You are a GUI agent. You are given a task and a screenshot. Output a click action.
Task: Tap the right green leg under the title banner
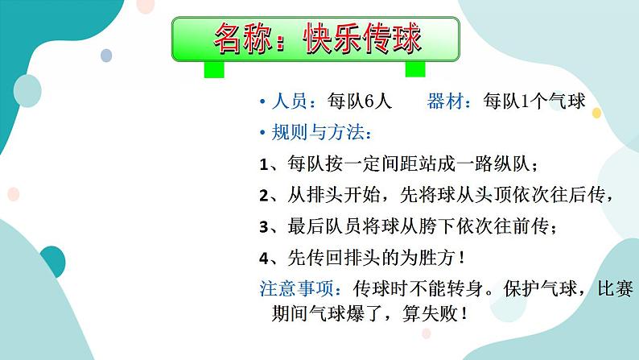[x=414, y=68]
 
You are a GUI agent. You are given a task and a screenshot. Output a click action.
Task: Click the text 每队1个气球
[x=534, y=101]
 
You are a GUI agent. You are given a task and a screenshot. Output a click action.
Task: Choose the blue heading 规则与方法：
[x=322, y=132]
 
